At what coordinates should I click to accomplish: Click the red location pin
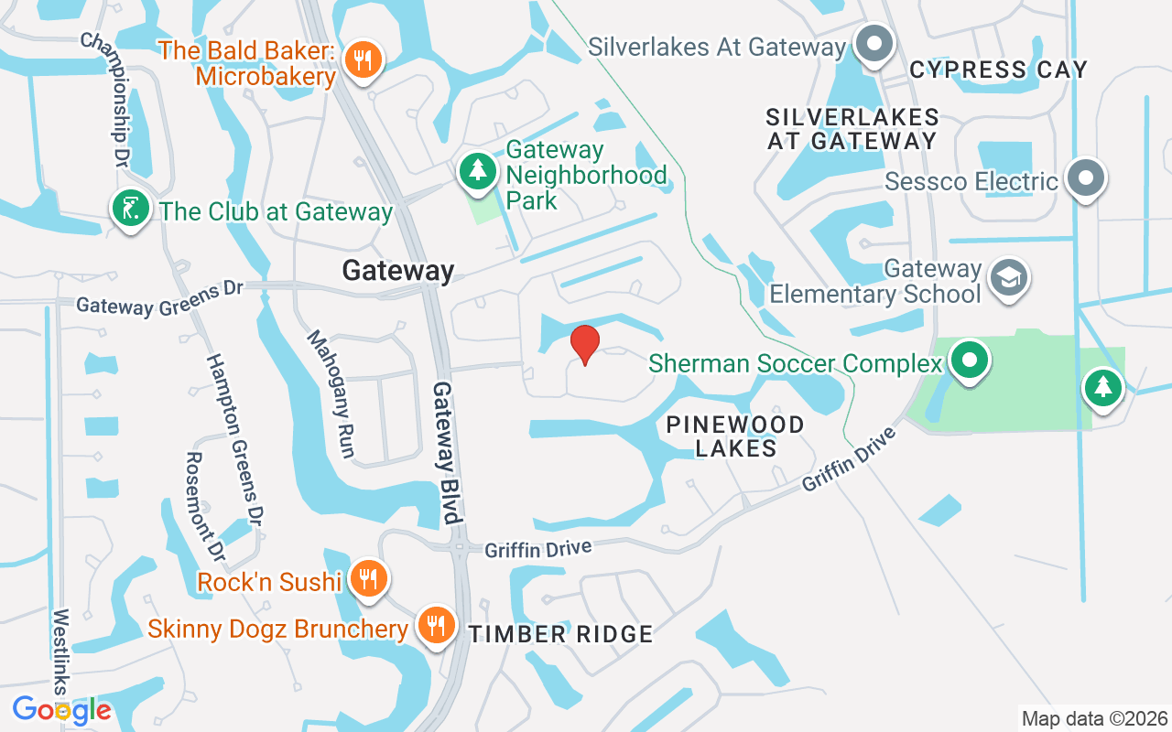coord(584,344)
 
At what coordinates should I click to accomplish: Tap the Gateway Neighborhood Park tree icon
coord(477,171)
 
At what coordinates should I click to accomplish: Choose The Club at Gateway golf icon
coord(131,209)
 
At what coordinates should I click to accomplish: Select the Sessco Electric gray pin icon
coord(1086,178)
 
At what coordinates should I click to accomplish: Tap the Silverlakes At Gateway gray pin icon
coord(874,43)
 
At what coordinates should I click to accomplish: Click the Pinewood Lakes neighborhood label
coord(735,436)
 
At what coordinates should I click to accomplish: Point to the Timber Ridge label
coord(561,633)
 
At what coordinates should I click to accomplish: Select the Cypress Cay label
coord(998,70)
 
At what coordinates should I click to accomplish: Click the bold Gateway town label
coord(398,271)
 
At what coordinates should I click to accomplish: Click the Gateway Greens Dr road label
coord(159,298)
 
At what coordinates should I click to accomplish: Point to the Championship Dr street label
coord(107,101)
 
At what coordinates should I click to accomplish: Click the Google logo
coord(61,709)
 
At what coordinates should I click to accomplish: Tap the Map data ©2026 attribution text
coord(1094,718)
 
